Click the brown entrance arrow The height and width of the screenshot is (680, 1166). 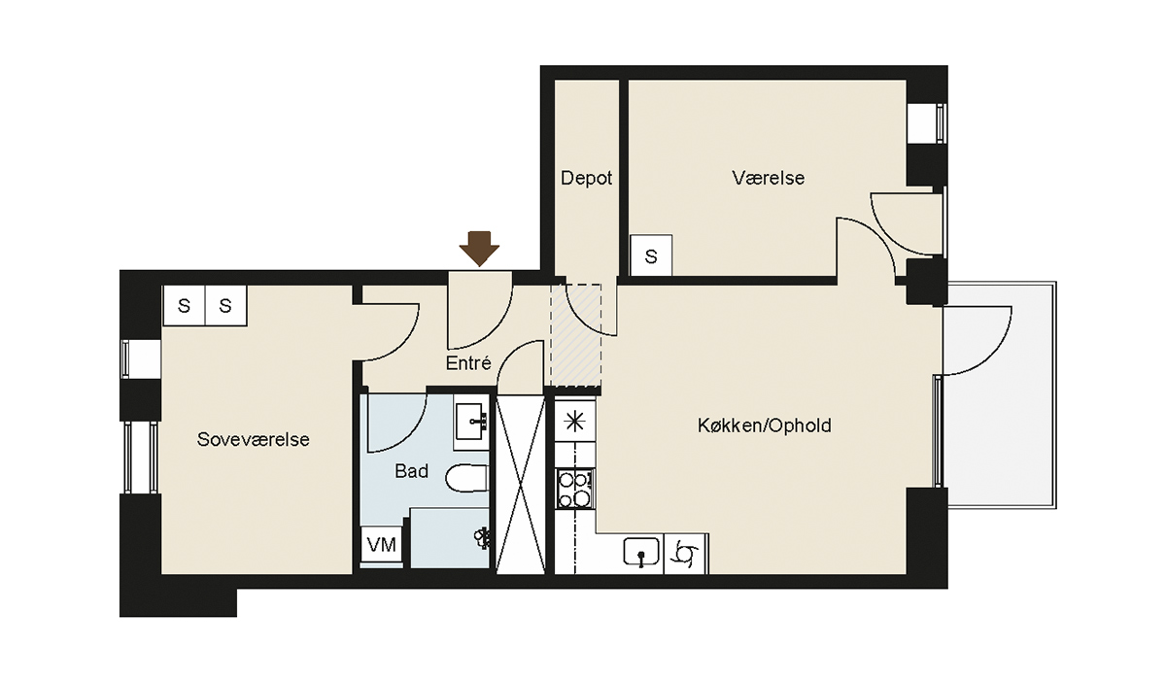tap(479, 249)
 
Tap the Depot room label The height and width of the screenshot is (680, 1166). tap(586, 179)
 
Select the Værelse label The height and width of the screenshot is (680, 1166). tap(769, 178)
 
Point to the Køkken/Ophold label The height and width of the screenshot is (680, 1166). tap(764, 425)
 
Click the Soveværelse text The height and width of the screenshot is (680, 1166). tap(253, 440)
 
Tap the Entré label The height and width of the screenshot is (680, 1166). tap(468, 363)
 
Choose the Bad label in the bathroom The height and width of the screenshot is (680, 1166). tap(411, 471)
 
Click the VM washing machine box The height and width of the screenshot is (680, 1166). tap(382, 545)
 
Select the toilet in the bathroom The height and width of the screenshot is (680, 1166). tap(467, 478)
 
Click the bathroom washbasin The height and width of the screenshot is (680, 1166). tap(471, 422)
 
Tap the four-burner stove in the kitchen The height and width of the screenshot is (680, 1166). tap(574, 489)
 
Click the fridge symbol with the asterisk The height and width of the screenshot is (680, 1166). tap(574, 421)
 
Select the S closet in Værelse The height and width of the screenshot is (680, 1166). tap(651, 255)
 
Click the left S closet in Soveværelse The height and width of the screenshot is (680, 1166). tap(184, 305)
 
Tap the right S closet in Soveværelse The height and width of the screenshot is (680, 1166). tap(225, 305)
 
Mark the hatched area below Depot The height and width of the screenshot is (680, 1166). tap(576, 335)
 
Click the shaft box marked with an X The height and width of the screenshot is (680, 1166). tap(521, 485)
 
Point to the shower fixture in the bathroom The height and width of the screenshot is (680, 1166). tap(482, 538)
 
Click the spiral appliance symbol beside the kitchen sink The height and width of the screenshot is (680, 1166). tap(685, 554)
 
